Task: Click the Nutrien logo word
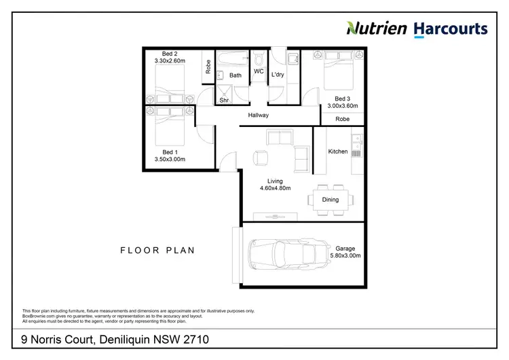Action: pyautogui.click(x=377, y=28)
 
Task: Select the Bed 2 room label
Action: pyautogui.click(x=170, y=53)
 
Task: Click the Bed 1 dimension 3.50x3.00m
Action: pyautogui.click(x=170, y=159)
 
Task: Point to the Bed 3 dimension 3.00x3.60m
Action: pyautogui.click(x=343, y=106)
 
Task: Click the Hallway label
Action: pyautogui.click(x=259, y=115)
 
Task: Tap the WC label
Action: pyautogui.click(x=259, y=71)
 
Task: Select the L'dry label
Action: pyautogui.click(x=278, y=75)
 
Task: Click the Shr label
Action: pyautogui.click(x=224, y=101)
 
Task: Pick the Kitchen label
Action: pyautogui.click(x=338, y=151)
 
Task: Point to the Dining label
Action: pyautogui.click(x=331, y=200)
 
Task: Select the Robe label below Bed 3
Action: pyautogui.click(x=343, y=118)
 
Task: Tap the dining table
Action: pyautogui.click(x=331, y=200)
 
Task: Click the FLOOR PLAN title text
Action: pyautogui.click(x=157, y=251)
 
